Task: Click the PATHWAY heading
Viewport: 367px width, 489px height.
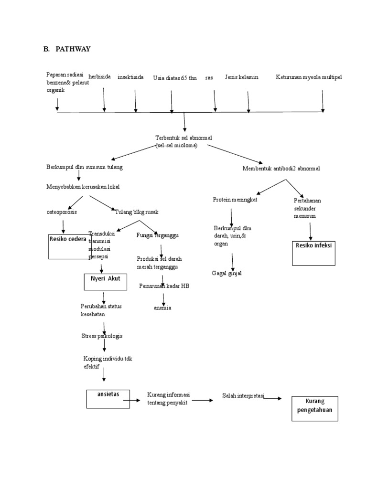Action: (x=73, y=49)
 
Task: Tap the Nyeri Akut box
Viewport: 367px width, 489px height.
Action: (x=105, y=282)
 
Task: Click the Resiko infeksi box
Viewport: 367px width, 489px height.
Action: (x=314, y=253)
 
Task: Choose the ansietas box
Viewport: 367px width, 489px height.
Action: (x=108, y=399)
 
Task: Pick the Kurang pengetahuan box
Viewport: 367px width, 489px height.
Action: (x=314, y=408)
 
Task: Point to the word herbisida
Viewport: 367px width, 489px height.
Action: (x=100, y=77)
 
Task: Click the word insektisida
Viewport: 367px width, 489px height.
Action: (x=130, y=77)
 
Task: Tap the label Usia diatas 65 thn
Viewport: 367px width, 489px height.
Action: (x=175, y=78)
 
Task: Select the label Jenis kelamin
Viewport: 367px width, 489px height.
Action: (x=241, y=77)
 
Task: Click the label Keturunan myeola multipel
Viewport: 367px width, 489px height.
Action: (x=309, y=77)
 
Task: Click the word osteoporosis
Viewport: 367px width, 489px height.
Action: (x=62, y=212)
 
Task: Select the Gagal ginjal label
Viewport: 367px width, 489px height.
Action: (x=227, y=273)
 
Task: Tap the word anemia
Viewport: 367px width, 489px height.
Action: (x=162, y=308)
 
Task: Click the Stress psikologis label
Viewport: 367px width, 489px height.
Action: (x=102, y=336)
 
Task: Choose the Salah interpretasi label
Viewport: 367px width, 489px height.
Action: (x=243, y=396)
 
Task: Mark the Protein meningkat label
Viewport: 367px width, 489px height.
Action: (x=235, y=200)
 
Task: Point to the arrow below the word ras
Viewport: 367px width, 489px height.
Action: (x=215, y=100)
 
